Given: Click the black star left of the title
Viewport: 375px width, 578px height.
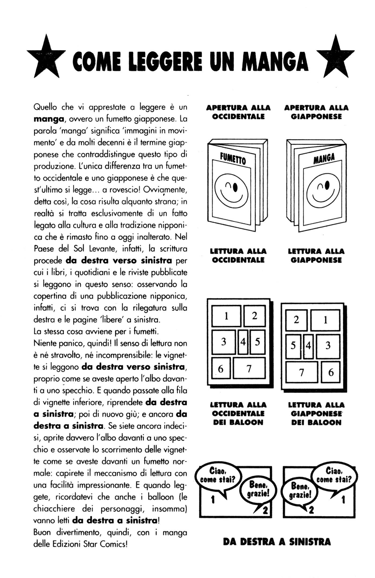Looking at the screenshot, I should pyautogui.click(x=47, y=58).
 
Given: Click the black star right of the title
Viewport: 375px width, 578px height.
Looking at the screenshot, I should pyautogui.click(x=335, y=58).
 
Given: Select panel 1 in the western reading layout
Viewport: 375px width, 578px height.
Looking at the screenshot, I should pyautogui.click(x=226, y=316).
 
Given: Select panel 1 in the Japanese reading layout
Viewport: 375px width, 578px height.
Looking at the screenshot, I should pyautogui.click(x=325, y=320).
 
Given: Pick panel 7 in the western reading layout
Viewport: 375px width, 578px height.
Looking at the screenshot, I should pyautogui.click(x=249, y=369).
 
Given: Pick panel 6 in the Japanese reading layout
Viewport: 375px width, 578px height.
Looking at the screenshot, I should pyautogui.click(x=331, y=372).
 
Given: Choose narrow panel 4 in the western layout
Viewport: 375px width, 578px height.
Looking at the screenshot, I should pyautogui.click(x=243, y=342).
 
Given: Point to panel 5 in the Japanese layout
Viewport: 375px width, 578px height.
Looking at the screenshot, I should pyautogui.click(x=293, y=346).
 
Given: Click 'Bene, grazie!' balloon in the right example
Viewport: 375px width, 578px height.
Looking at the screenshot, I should pyautogui.click(x=300, y=490).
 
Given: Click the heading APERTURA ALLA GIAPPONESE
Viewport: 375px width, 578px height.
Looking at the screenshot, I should pyautogui.click(x=316, y=112).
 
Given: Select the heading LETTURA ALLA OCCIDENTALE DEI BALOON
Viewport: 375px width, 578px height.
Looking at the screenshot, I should pyautogui.click(x=238, y=413).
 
